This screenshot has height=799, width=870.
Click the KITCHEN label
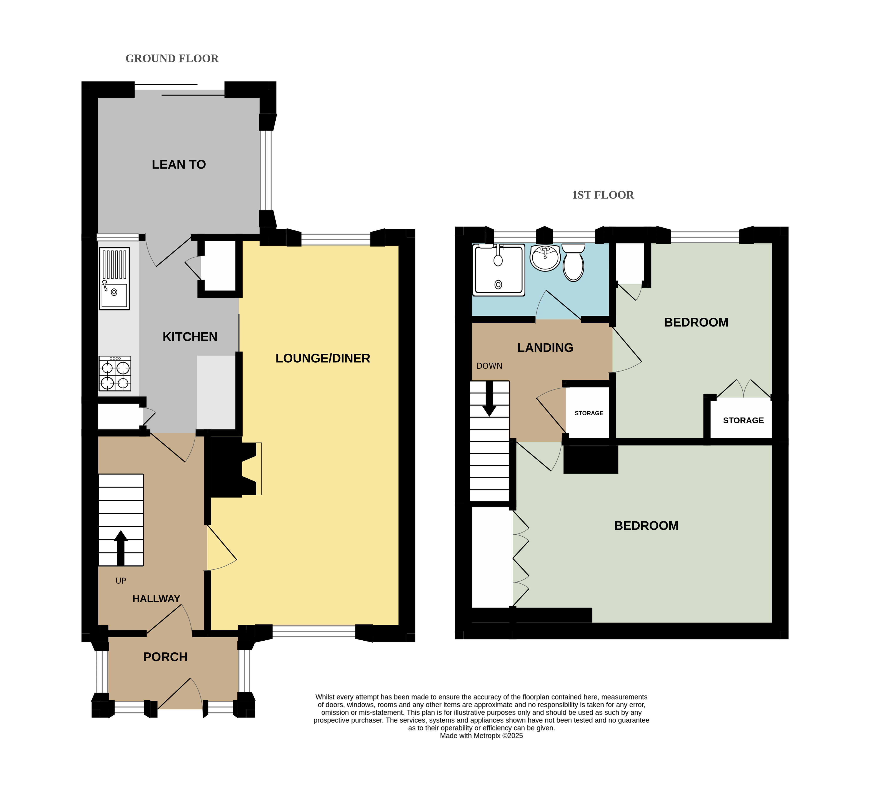[190, 337]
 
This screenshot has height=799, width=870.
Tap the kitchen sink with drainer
[114, 278]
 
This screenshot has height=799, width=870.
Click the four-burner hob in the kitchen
[115, 374]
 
